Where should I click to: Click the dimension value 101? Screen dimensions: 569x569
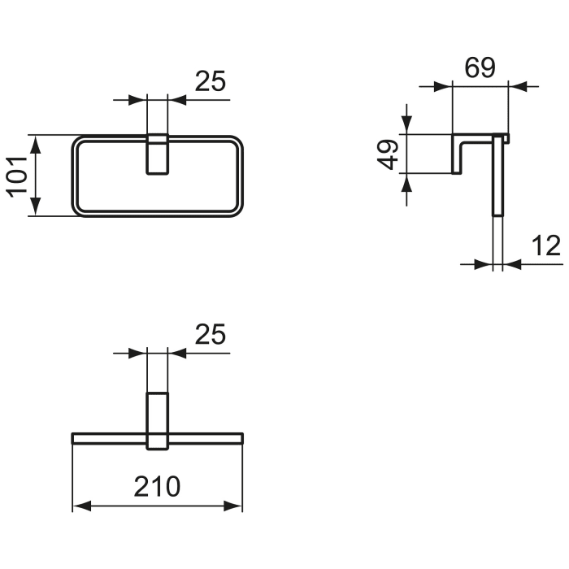pos(19,176)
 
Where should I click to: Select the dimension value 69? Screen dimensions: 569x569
pos(480,68)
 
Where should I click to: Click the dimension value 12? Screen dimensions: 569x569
pos(546,245)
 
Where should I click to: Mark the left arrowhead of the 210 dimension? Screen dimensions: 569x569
pos(80,507)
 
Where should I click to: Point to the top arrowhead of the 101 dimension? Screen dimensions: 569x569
pos(35,143)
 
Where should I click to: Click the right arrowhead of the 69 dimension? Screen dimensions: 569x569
pos(517,85)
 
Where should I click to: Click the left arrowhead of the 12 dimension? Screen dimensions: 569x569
pos(486,263)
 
